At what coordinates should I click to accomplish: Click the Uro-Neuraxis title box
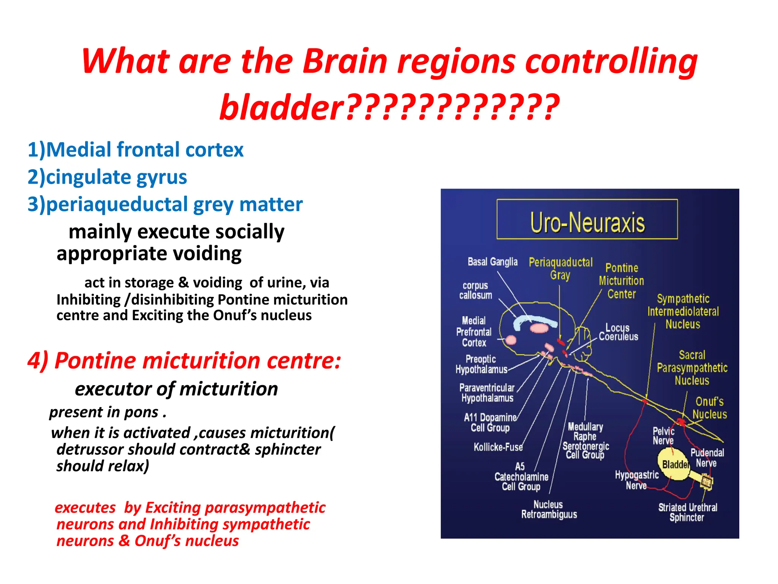click(587, 219)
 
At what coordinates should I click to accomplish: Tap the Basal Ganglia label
click(492, 262)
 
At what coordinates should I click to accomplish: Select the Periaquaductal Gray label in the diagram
click(560, 268)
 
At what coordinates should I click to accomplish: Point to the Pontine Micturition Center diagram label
click(621, 281)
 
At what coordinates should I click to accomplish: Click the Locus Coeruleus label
click(618, 332)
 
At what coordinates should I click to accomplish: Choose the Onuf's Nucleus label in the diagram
click(709, 408)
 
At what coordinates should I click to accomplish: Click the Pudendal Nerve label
click(707, 458)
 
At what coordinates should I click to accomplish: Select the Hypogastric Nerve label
click(637, 480)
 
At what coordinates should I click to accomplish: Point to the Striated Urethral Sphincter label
click(688, 512)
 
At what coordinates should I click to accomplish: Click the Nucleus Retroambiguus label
click(549, 509)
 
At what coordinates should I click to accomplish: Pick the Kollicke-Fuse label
click(498, 447)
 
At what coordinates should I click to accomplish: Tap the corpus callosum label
click(475, 290)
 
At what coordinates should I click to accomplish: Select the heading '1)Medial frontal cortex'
click(135, 149)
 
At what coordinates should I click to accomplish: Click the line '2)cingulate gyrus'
click(107, 177)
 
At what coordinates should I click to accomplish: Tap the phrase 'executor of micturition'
click(176, 389)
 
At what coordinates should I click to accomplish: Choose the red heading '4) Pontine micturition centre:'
click(184, 360)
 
